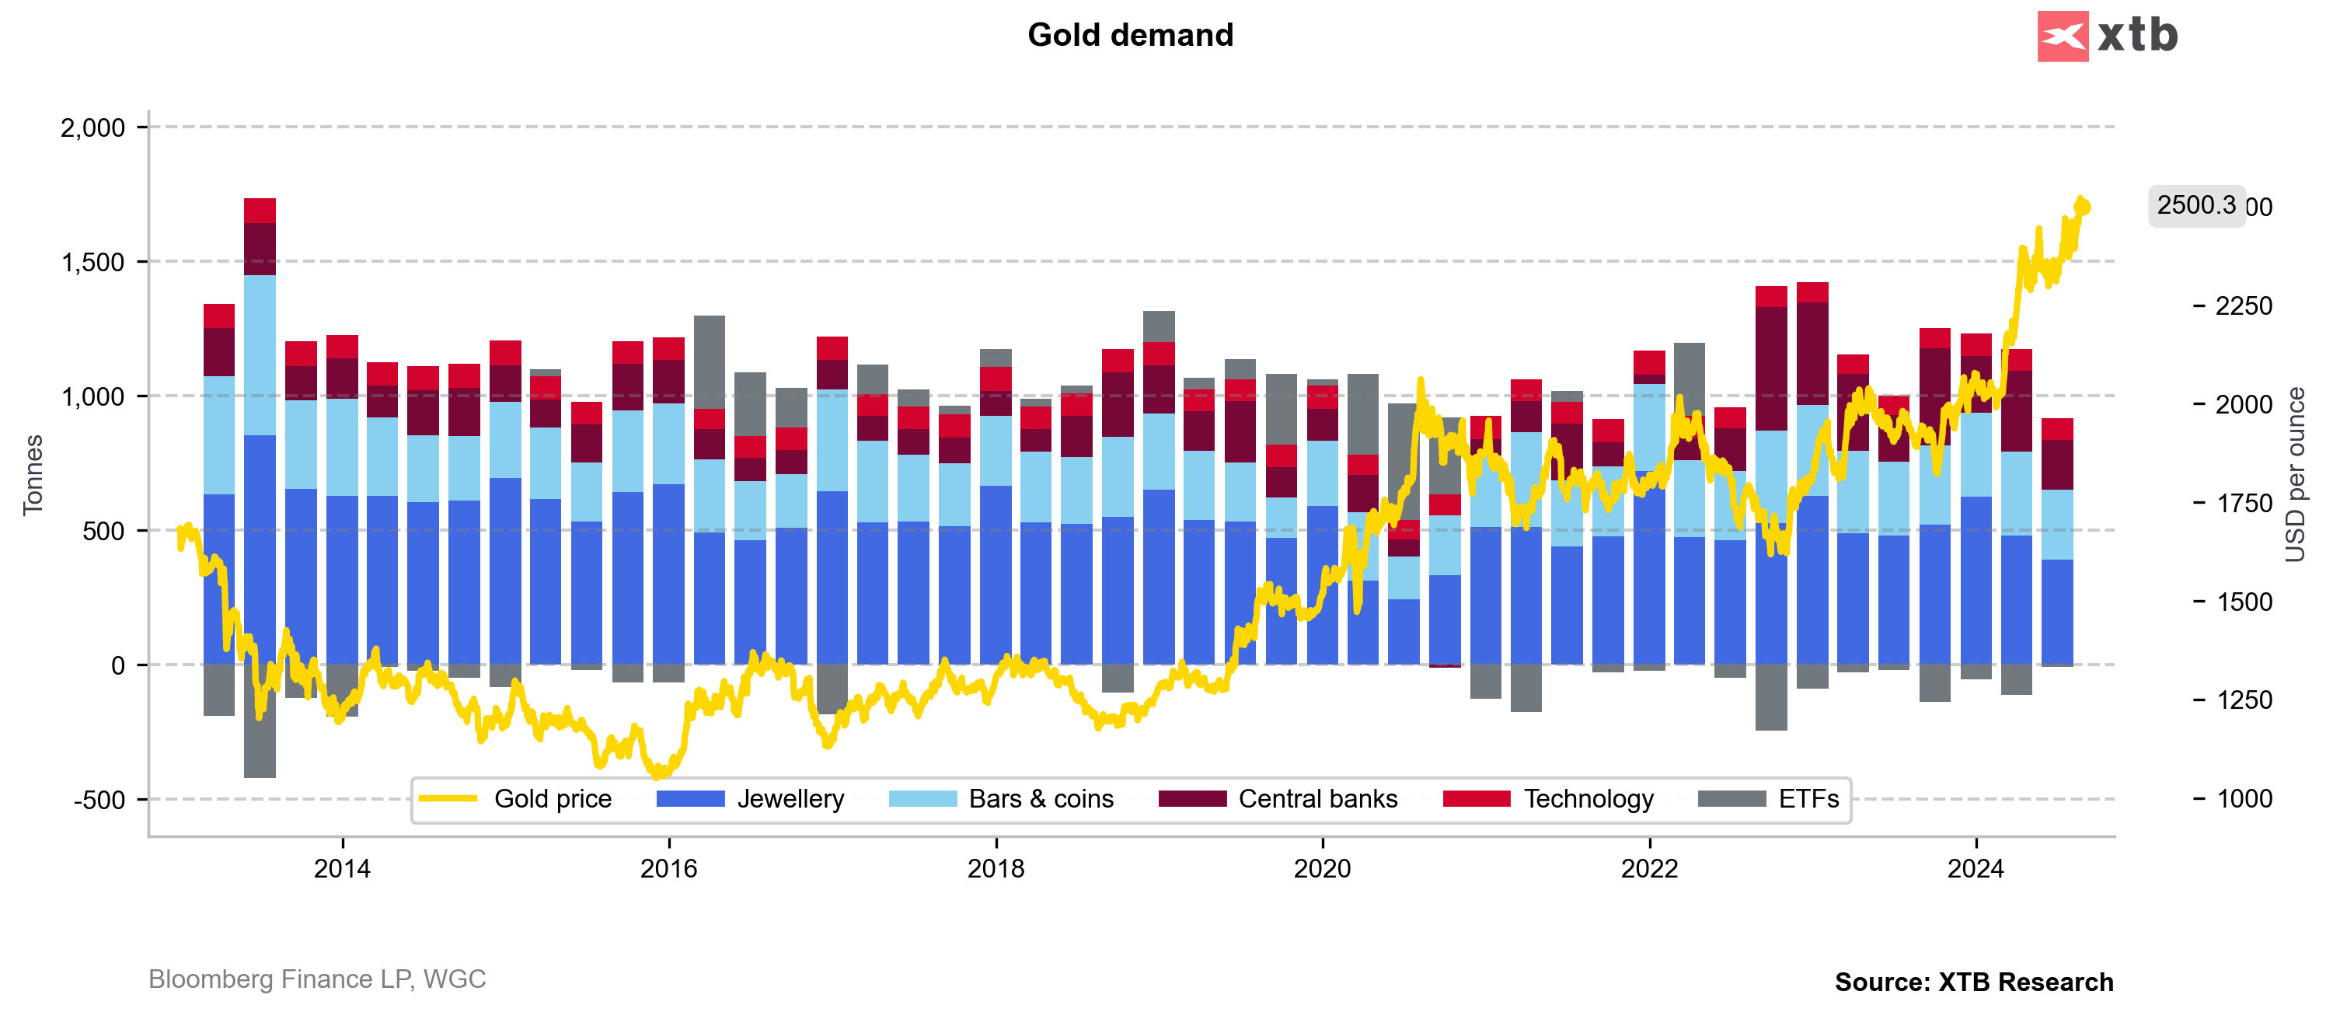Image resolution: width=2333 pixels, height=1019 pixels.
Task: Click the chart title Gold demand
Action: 1130,35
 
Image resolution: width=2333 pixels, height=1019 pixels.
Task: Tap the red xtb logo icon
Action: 2063,37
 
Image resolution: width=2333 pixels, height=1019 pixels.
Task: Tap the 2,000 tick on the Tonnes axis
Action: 92,127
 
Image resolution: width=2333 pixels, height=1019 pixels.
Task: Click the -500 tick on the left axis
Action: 99,801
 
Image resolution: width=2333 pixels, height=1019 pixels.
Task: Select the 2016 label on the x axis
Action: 668,869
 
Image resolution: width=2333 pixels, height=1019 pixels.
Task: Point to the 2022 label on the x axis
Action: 1649,869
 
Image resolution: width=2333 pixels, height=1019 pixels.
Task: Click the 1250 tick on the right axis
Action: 2244,700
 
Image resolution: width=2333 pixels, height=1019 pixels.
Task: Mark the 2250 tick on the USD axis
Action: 2244,306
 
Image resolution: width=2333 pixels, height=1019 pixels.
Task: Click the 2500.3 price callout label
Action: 2195,206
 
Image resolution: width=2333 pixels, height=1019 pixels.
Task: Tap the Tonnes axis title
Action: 33,475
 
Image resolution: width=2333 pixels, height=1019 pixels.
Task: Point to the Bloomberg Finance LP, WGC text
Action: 317,979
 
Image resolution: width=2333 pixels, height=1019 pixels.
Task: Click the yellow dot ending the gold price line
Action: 2084,208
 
